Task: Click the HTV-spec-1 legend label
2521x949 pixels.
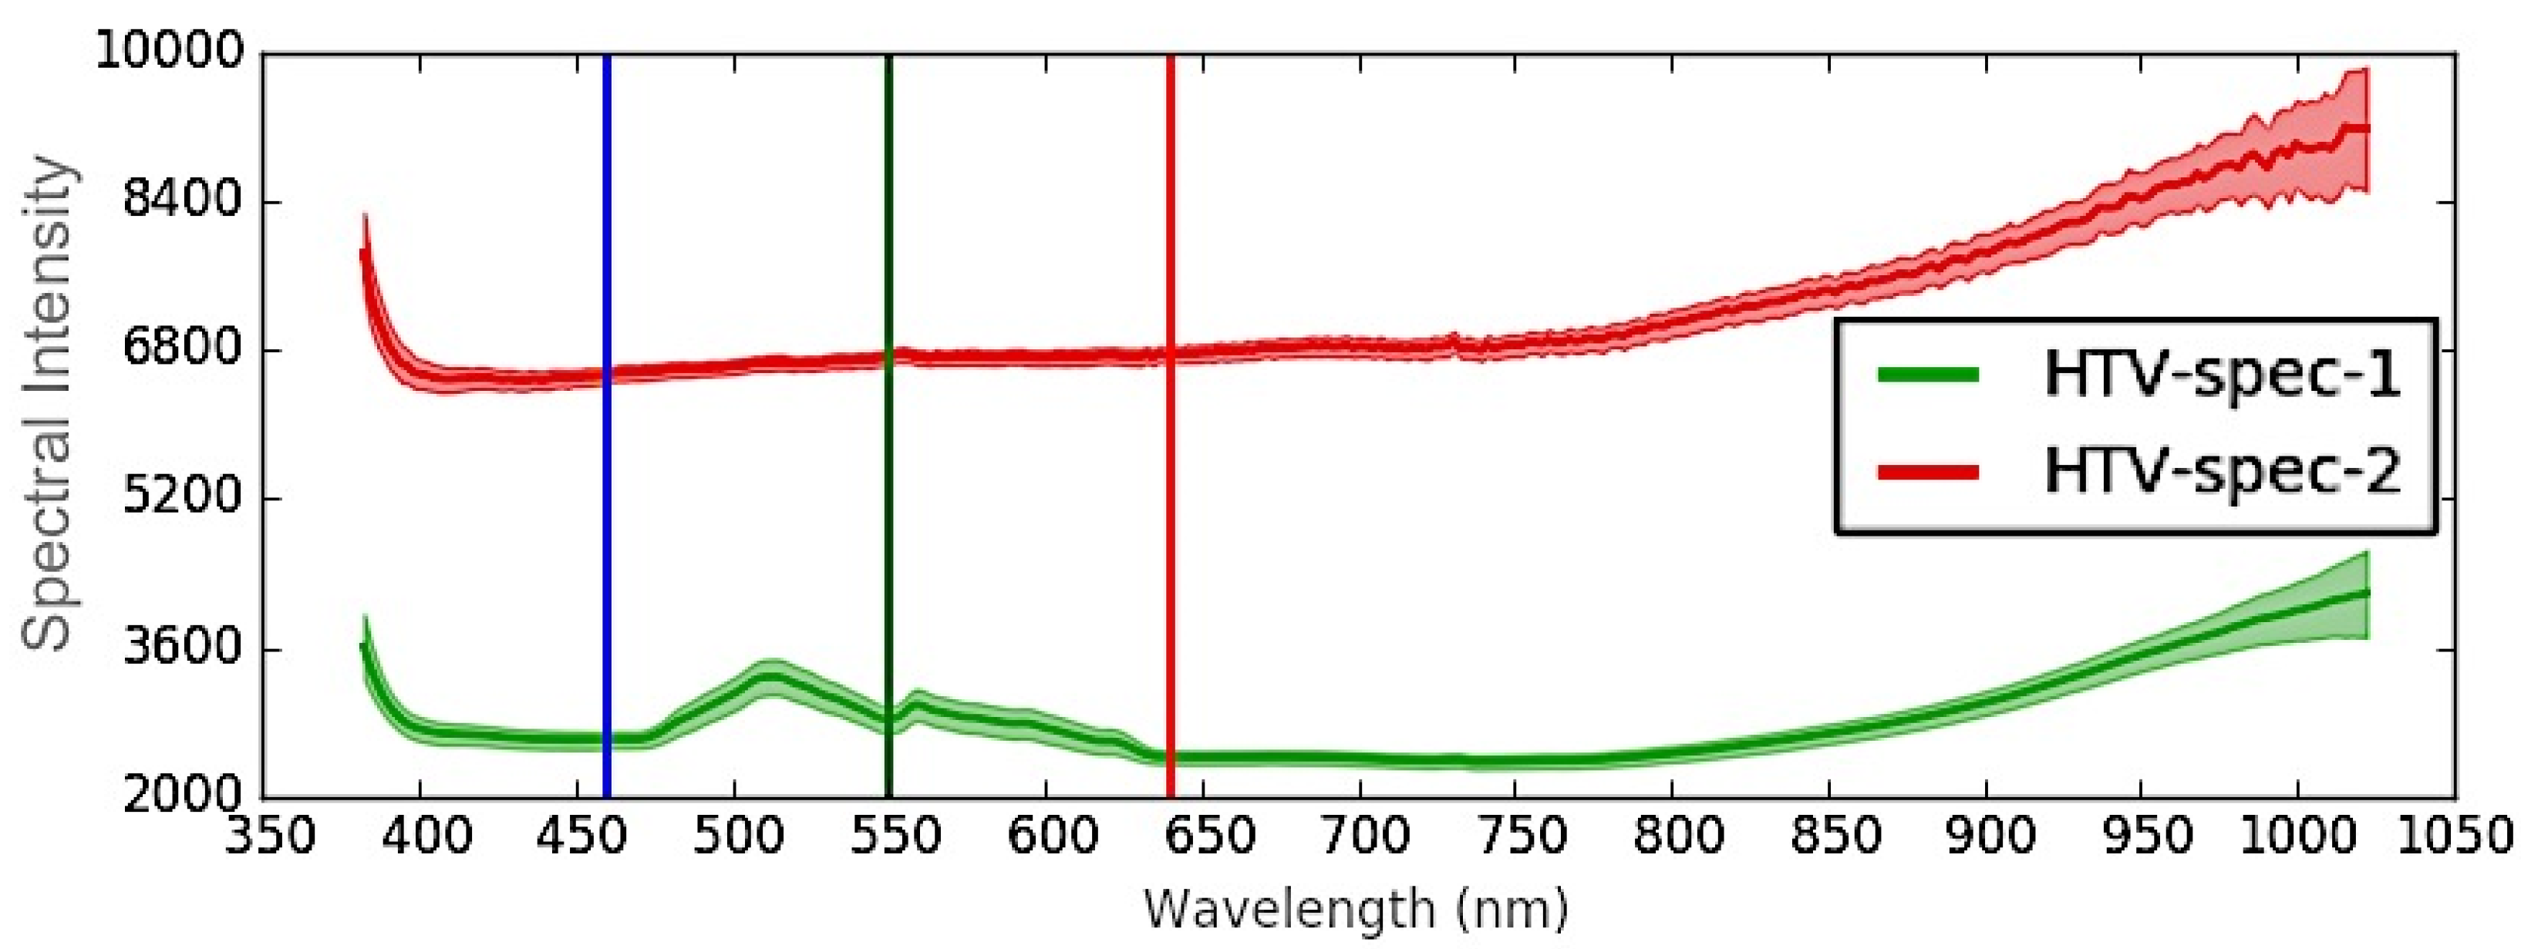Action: point(2222,374)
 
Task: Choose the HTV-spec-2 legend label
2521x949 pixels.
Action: point(2222,472)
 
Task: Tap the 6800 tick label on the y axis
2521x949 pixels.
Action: point(182,349)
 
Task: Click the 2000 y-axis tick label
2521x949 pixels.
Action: point(182,794)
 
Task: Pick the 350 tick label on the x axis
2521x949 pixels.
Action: point(265,837)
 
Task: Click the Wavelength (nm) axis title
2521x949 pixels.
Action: point(1357,910)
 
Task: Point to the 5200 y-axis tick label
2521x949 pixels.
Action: point(182,498)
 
